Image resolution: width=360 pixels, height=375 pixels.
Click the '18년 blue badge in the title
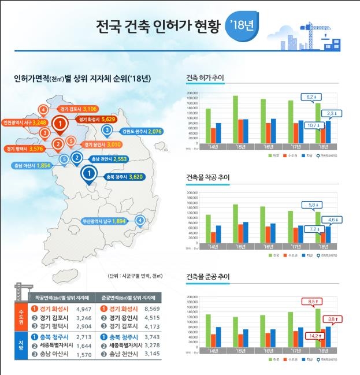(243, 27)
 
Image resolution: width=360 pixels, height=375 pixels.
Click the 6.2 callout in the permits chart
(310, 96)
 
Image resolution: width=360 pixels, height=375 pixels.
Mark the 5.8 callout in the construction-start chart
(310, 204)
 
